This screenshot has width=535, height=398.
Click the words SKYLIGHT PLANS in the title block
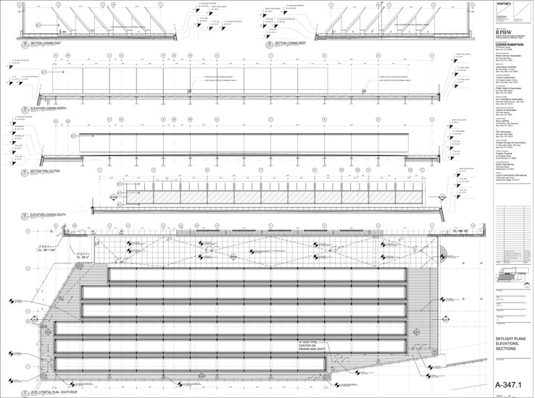510,336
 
